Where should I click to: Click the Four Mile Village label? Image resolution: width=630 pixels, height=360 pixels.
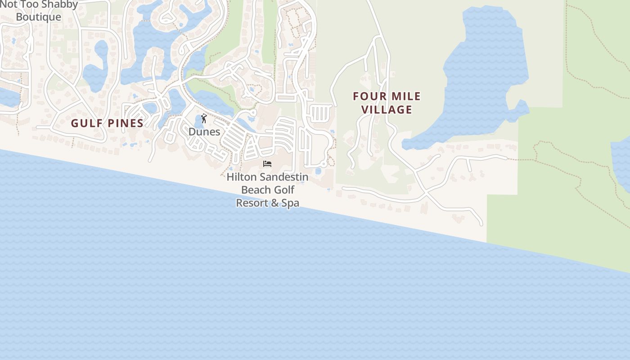(x=387, y=103)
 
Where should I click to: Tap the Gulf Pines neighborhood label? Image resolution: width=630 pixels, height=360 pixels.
(x=107, y=123)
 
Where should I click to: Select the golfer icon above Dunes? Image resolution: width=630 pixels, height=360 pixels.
(x=204, y=118)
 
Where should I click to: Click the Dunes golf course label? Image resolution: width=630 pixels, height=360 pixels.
(x=204, y=132)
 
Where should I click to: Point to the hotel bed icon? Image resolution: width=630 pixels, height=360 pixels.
(x=267, y=164)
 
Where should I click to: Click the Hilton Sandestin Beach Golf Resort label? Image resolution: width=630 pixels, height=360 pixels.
(x=267, y=190)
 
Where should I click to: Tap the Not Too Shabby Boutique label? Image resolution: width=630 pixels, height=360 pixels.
(x=39, y=11)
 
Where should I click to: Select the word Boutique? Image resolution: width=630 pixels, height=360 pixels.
(x=39, y=17)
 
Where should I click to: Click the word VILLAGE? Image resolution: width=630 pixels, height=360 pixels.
(x=387, y=109)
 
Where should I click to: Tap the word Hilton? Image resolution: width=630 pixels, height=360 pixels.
(x=240, y=177)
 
